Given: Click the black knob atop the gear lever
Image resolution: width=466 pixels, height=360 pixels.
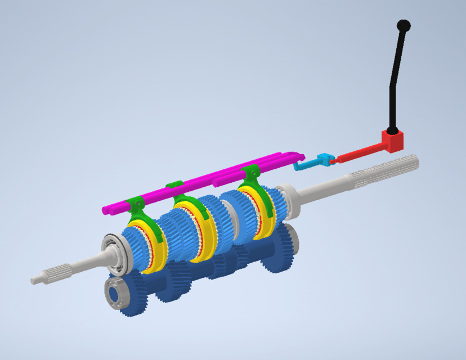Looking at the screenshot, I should (x=404, y=26).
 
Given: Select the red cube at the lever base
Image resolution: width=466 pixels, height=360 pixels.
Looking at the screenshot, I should (x=392, y=140).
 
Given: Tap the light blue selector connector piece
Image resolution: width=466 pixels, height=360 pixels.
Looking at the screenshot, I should (x=323, y=160).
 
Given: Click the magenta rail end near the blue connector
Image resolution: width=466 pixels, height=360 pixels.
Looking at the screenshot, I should (x=297, y=156).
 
